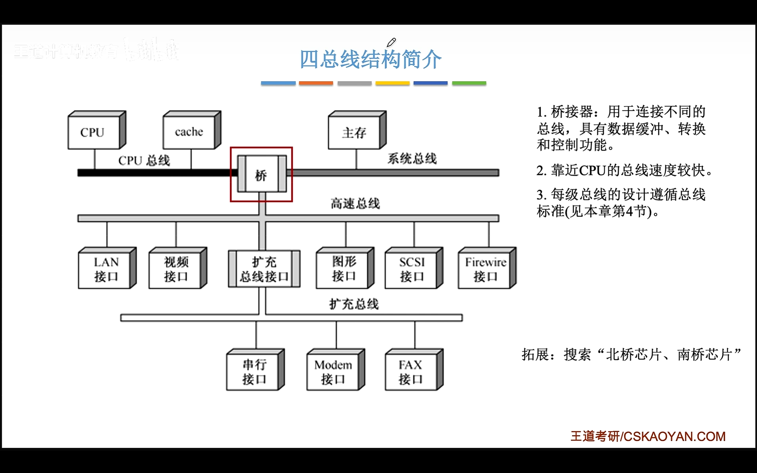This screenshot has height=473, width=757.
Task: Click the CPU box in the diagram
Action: [93, 132]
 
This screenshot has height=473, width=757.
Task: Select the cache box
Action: [189, 132]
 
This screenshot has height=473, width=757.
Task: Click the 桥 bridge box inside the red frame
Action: [261, 174]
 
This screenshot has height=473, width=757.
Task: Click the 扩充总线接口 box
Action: [264, 269]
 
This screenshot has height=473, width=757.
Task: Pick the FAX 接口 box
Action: [411, 371]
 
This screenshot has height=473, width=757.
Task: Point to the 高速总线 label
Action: [355, 204]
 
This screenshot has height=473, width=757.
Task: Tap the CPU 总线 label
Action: [144, 161]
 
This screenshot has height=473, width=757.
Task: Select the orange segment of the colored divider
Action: [316, 83]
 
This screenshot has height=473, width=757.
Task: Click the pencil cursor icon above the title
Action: [391, 42]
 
